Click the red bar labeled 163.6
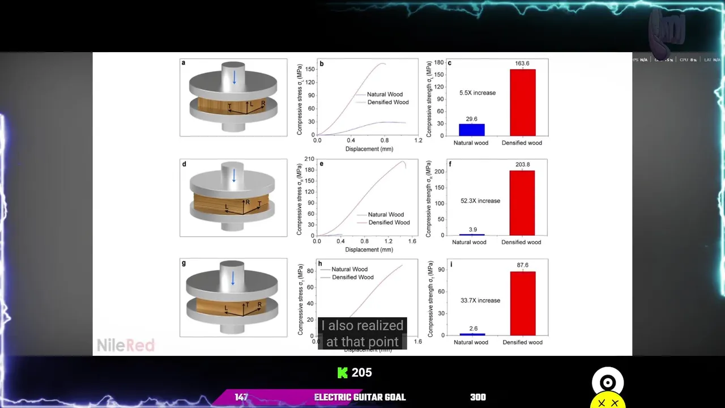click(x=522, y=102)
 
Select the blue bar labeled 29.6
click(x=471, y=129)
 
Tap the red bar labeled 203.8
click(x=522, y=203)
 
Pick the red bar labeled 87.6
click(x=522, y=303)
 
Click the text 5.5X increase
click(x=477, y=93)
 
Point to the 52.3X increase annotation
click(x=480, y=201)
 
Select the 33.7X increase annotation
click(x=480, y=300)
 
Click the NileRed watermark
click(x=125, y=345)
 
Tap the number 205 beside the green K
click(x=361, y=372)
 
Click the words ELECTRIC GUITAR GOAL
click(x=360, y=397)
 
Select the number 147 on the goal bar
click(x=241, y=397)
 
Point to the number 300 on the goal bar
click(x=477, y=397)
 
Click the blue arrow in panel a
click(x=234, y=78)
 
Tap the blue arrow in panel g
click(x=233, y=278)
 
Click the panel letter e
click(x=322, y=164)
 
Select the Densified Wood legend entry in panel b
click(x=387, y=102)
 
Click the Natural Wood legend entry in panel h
click(x=349, y=269)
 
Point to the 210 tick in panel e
click(x=309, y=159)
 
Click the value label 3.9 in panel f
click(x=473, y=229)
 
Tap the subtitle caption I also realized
click(x=362, y=326)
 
